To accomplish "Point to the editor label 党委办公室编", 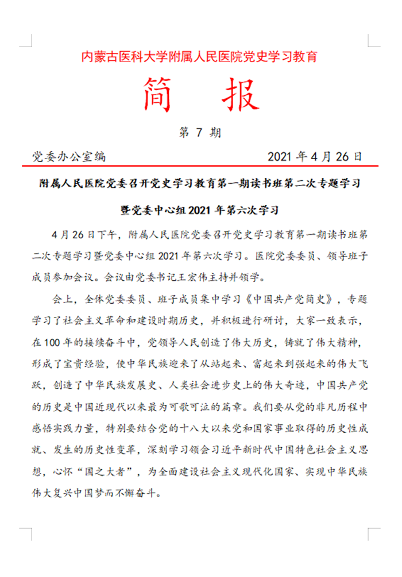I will coord(69,156).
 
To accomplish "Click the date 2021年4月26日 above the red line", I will coord(315,156).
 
